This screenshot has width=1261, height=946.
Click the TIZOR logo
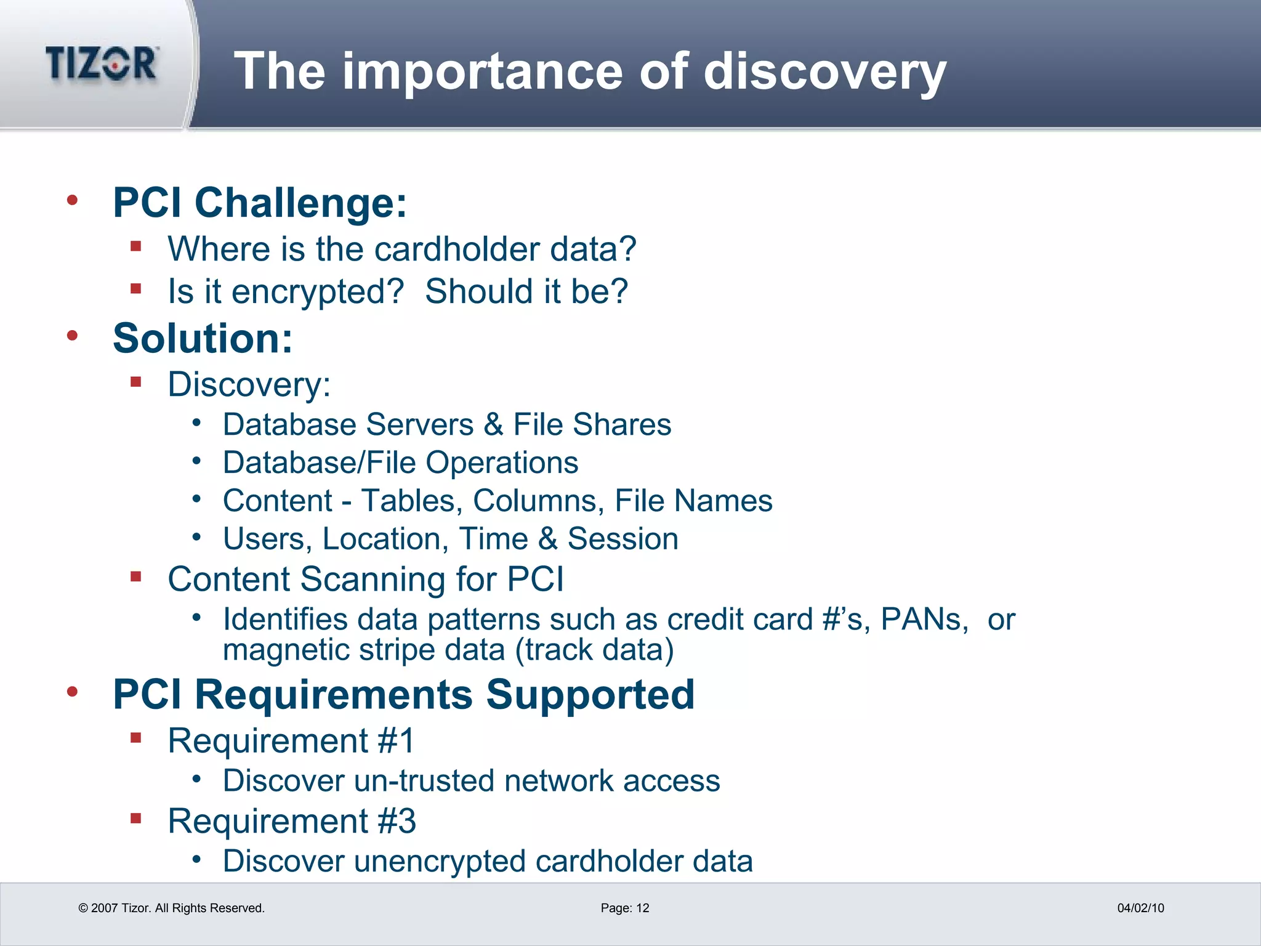coord(102,63)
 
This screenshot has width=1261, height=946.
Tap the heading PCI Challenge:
coord(259,203)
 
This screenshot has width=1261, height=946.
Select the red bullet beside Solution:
coord(73,336)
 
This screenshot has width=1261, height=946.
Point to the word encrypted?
coord(317,291)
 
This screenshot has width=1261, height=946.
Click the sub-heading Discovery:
coord(249,384)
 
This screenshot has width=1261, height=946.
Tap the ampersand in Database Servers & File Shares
coord(493,425)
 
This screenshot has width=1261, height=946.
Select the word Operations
coord(502,463)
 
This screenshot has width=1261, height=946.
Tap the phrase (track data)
coord(595,650)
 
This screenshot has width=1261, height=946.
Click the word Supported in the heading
coord(590,695)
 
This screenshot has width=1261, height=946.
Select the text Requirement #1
coord(291,740)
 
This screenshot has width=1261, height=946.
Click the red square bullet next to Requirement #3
coord(136,819)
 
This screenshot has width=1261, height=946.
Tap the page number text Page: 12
coord(624,908)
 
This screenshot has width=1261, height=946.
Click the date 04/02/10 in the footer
coord(1140,908)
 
